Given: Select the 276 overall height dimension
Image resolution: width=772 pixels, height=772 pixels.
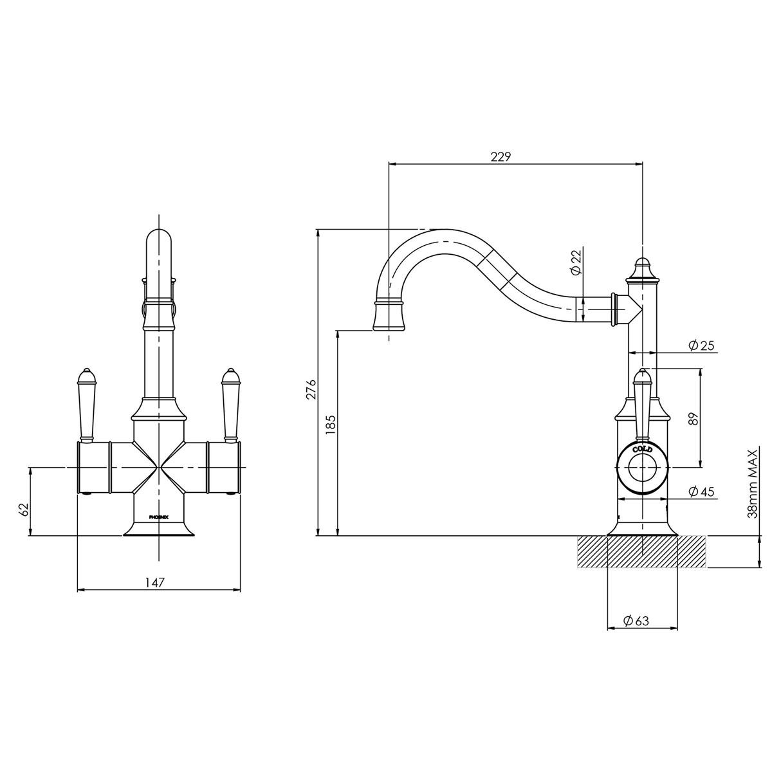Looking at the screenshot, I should pos(311,390).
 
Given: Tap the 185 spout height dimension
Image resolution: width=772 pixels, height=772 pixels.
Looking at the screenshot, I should pos(331,426).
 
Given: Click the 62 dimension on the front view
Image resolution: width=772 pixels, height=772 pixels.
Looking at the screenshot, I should pos(24,509).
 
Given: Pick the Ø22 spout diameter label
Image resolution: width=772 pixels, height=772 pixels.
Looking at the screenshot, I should pos(576,262).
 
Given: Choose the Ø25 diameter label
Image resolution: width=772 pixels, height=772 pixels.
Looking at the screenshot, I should pos(701,345).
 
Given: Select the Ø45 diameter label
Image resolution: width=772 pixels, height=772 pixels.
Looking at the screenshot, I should pos(701,492).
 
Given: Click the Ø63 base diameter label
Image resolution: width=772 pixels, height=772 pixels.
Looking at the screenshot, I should pos(636,621).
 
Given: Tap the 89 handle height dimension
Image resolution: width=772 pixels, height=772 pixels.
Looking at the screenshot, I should pos(692,419).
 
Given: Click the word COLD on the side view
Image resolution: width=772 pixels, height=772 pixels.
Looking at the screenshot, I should pos(643,449).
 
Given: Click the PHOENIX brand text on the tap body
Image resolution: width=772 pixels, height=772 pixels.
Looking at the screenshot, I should pos(159,517).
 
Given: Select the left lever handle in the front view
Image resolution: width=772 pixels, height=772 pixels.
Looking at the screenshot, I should pos(86,405).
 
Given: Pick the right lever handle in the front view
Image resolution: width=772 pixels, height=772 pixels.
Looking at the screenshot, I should pos(230,405).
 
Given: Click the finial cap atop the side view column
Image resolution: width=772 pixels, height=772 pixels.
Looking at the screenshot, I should pos(642,270).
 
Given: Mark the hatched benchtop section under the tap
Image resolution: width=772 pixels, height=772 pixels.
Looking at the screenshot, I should pos(642,552).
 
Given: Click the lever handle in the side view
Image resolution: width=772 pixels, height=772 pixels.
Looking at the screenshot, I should pos(643,402).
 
